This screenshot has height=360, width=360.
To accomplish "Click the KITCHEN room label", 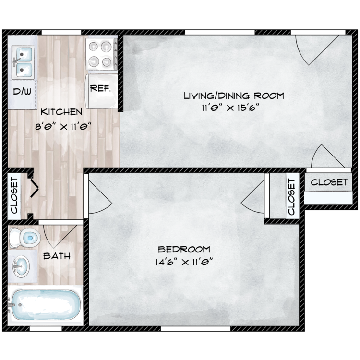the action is point(61,112).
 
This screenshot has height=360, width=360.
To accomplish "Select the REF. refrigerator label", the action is point(101,88).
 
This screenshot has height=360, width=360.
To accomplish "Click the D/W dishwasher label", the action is point(22,92).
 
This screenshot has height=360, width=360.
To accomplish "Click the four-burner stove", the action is point(101,54).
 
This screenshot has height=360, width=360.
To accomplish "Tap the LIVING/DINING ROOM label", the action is point(234,96).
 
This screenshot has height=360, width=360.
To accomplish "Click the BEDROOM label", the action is point(184,249).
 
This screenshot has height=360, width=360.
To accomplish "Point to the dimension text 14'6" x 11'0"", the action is point(184,262).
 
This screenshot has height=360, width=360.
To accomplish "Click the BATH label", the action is point(57,256).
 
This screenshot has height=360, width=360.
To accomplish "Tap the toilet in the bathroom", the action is point(24,238).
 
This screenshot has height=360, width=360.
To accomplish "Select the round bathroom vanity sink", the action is point(21,267).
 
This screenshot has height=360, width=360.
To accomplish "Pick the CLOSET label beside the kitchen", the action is point(14,195).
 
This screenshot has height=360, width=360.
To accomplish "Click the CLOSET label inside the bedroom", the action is point(291,197).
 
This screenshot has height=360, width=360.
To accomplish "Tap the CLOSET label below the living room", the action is point(329,182).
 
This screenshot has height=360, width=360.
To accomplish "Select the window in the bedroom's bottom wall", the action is point(195,329).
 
